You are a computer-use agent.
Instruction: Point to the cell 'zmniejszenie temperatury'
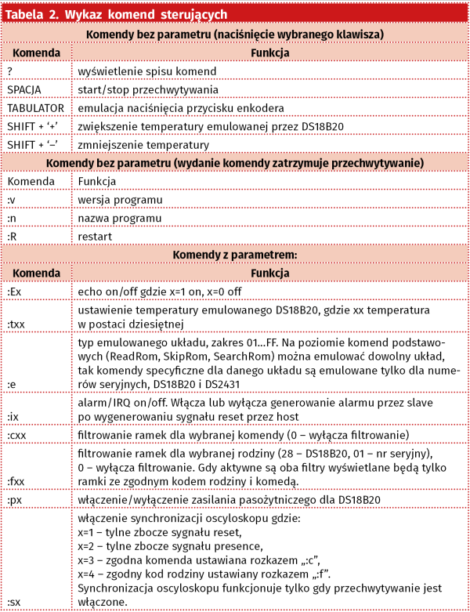click(x=143, y=145)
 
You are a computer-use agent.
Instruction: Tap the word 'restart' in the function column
click(x=96, y=236)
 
